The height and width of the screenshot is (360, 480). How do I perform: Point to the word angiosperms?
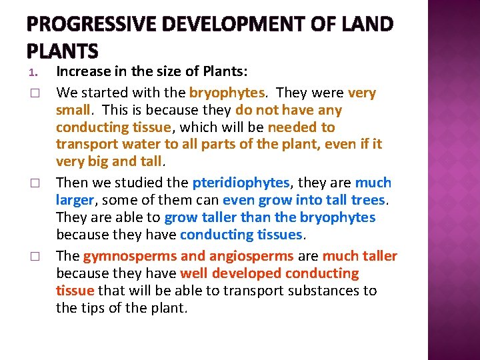(x=251, y=256)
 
